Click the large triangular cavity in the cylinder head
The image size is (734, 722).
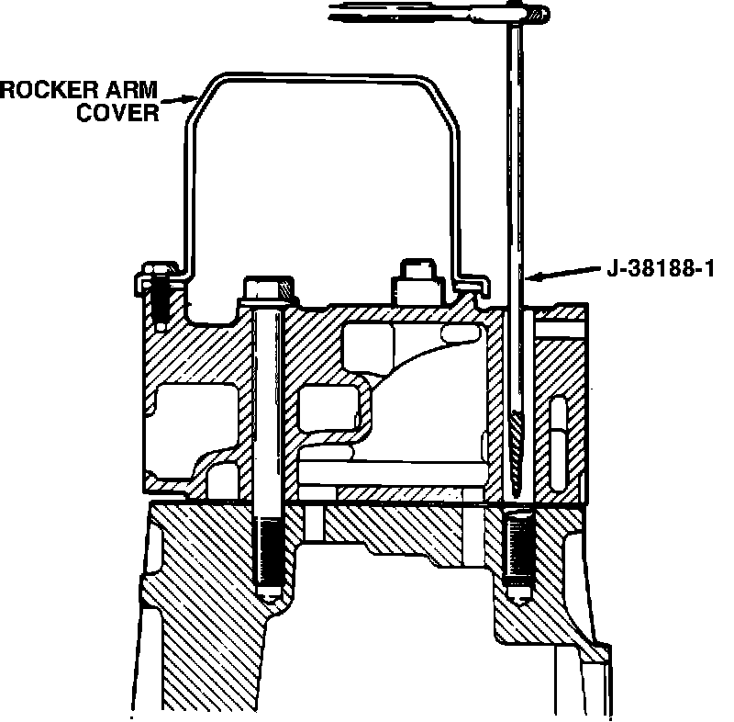pos(413,358)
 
